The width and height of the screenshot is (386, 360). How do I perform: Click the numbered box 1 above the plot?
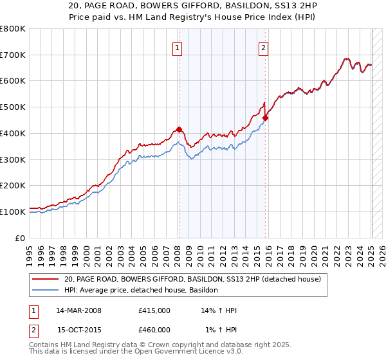[176, 46]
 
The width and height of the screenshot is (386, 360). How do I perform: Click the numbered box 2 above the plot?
[264, 46]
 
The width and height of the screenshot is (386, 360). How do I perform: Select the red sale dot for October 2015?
[266, 118]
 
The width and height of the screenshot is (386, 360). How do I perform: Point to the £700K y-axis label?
[13, 55]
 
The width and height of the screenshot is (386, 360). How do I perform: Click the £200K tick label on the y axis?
[13, 186]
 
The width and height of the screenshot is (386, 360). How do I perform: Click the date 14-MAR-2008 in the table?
[78, 310]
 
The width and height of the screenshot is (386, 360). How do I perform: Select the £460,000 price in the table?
[154, 330]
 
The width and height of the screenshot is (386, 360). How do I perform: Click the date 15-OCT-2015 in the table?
[78, 330]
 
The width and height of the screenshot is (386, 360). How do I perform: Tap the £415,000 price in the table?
[154, 310]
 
